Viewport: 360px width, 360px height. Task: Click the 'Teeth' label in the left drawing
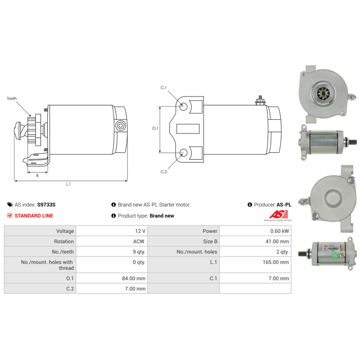[x=12, y=98]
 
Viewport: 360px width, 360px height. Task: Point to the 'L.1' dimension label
[x=68, y=184]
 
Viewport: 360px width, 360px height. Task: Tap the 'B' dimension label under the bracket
[x=37, y=176]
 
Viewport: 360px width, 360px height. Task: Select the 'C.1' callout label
[x=163, y=88]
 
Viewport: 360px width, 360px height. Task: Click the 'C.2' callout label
[x=163, y=172]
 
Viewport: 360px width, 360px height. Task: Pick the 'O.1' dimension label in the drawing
[x=155, y=128]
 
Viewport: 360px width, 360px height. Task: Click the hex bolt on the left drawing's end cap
[x=120, y=126]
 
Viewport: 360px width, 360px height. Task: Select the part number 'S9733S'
[x=46, y=205]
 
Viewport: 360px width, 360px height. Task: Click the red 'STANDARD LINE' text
[x=34, y=216]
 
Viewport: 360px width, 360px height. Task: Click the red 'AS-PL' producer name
[x=284, y=205]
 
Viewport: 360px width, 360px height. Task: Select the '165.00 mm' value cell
[x=276, y=262]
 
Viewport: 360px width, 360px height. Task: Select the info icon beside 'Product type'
[x=114, y=216]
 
